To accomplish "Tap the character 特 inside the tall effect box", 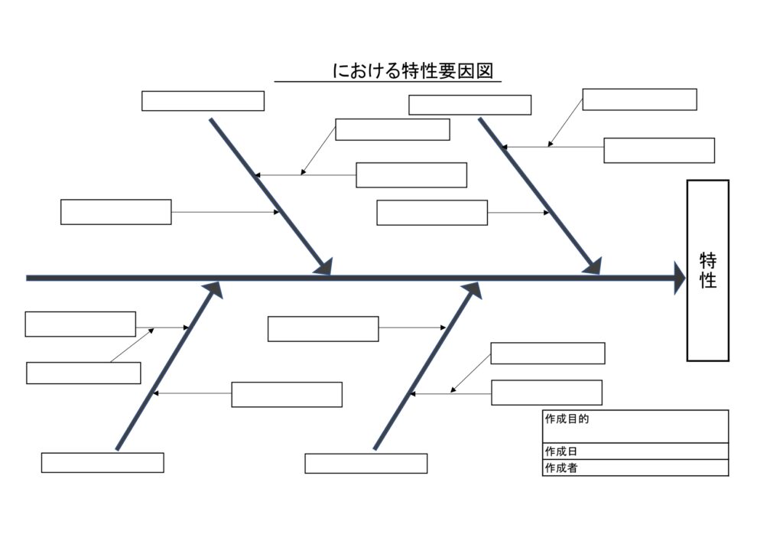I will (x=708, y=261).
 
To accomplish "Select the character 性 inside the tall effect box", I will (x=708, y=281).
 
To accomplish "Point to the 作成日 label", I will (x=560, y=451).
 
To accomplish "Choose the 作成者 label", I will (x=560, y=468).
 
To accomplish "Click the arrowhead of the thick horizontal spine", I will (x=678, y=278).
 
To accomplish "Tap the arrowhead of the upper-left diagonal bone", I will (x=324, y=266).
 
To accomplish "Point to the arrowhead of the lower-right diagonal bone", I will (x=471, y=290).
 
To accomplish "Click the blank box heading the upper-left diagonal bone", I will (x=203, y=101).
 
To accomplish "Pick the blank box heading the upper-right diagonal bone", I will (x=469, y=105).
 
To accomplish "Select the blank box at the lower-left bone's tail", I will (x=102, y=463).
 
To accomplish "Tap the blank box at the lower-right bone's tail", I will (x=366, y=464).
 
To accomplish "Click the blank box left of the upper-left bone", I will (x=115, y=212).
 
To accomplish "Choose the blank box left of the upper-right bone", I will (x=432, y=213).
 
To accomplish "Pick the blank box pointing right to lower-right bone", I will (x=323, y=329).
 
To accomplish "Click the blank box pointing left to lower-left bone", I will (x=287, y=395).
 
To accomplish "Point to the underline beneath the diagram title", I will (x=388, y=81).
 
